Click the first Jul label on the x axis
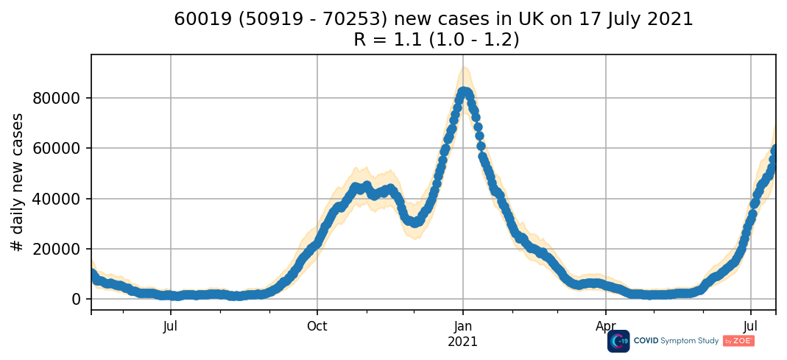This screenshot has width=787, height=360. click(171, 326)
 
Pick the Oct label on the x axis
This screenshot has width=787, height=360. click(317, 326)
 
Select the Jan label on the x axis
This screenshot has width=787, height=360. click(463, 326)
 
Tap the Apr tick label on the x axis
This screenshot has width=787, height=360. click(606, 326)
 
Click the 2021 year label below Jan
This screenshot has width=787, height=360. click(463, 342)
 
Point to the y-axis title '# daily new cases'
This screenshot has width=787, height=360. click(17, 183)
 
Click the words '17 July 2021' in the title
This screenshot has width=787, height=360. click(638, 19)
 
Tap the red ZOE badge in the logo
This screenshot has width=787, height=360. click(738, 341)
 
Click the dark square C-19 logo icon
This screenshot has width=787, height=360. click(618, 341)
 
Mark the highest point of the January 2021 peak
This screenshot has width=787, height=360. click(465, 92)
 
